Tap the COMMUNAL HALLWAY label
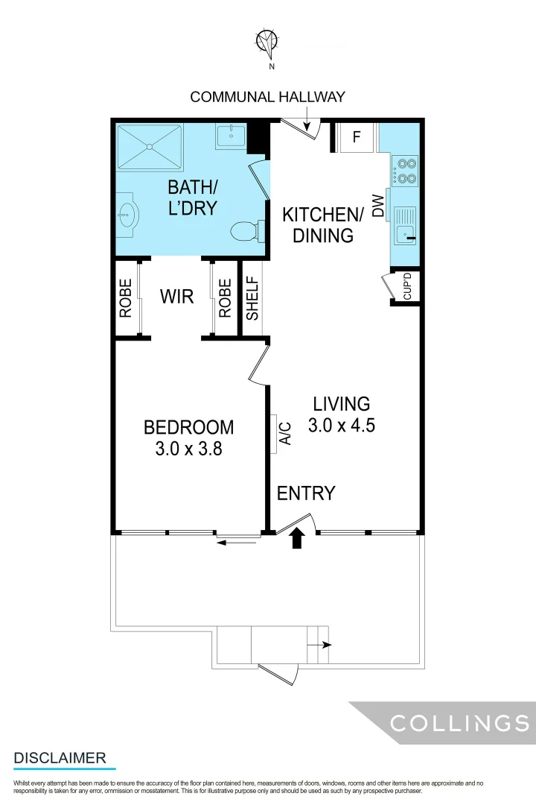[x=268, y=97]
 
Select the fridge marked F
[x=357, y=137]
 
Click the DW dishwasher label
[x=377, y=206]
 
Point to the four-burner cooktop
[x=406, y=170]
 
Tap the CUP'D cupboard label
[x=407, y=287]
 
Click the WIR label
[x=177, y=297]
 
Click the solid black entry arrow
[x=297, y=538]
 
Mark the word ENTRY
[x=306, y=493]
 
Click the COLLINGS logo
[x=459, y=723]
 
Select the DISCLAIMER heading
[x=60, y=758]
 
